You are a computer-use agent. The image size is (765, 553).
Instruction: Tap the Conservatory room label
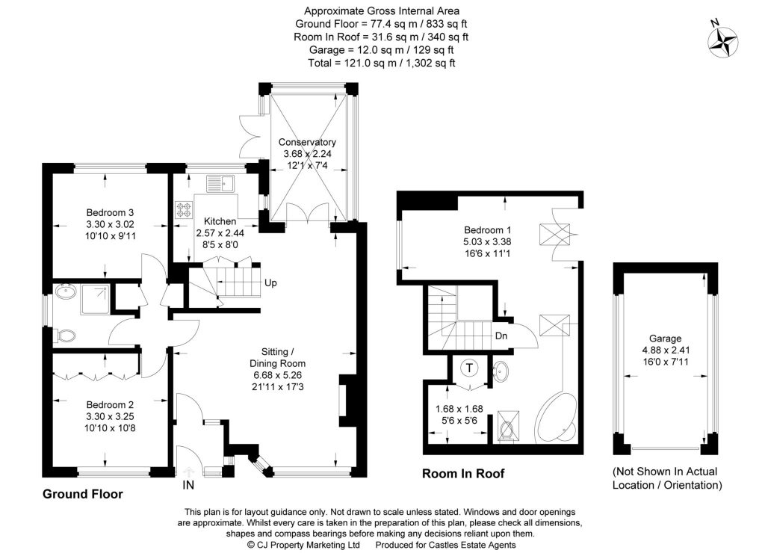click(x=307, y=142)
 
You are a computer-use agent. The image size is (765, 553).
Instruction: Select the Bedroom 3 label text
click(x=109, y=211)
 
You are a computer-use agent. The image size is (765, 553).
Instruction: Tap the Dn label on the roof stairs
click(x=502, y=336)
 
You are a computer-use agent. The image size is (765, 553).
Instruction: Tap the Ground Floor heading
click(x=82, y=494)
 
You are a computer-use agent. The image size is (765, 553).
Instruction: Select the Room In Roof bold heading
click(x=463, y=473)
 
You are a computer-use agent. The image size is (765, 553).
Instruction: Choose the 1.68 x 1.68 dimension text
click(x=458, y=408)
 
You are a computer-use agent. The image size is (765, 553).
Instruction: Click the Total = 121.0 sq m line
click(x=382, y=64)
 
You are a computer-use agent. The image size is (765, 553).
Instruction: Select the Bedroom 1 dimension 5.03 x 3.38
click(x=487, y=241)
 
